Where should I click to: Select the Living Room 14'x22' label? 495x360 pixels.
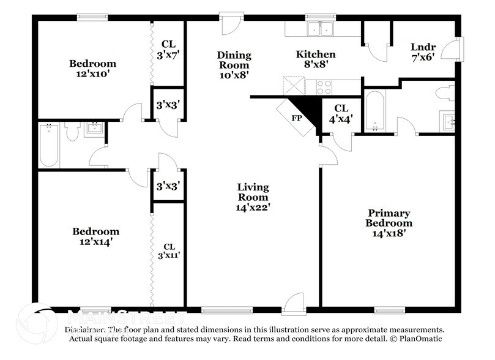[x=253, y=197]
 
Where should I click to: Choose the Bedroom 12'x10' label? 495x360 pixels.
[x=92, y=69]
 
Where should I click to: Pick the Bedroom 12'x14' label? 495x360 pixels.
[x=96, y=236]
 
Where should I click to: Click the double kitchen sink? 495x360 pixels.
[x=320, y=28]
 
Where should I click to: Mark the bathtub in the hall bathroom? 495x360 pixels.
[x=49, y=144]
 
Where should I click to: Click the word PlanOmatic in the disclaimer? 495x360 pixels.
[x=420, y=339]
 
